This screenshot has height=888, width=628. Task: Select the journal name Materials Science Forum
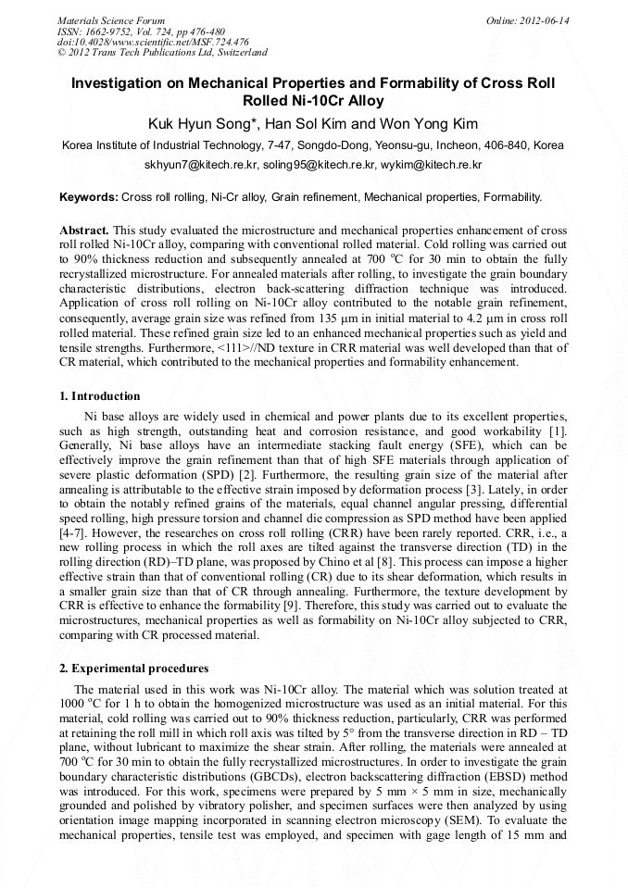click(111, 20)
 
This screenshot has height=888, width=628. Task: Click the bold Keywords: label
click(89, 197)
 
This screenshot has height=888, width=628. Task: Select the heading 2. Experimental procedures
click(133, 669)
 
